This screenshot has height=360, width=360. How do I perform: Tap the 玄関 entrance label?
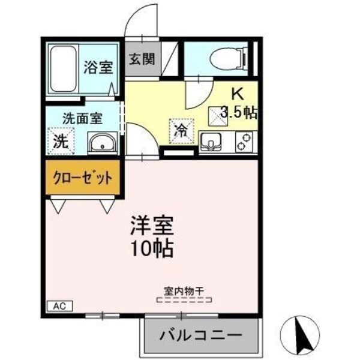(142, 59)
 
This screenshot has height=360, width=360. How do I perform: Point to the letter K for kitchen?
(238, 94)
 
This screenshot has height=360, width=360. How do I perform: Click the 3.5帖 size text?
(238, 112)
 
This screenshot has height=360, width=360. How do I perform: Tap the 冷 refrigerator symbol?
(179, 130)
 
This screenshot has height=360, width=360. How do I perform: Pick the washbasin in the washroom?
(103, 145)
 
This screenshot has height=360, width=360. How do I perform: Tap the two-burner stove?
(244, 142)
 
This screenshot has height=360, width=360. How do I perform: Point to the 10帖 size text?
(152, 247)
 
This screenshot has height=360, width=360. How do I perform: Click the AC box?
(59, 306)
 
